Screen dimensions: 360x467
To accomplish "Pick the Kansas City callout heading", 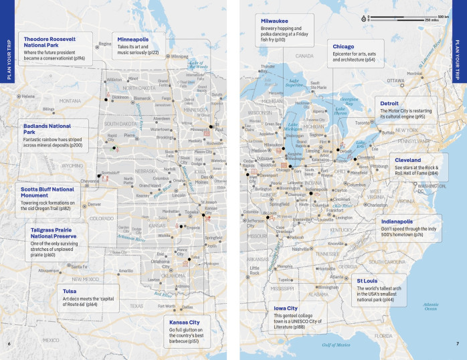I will pyautogui.click(x=185, y=322).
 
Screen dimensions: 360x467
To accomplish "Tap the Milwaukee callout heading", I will pyautogui.click(x=275, y=21).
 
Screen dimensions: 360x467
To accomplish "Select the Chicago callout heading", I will pyautogui.click(x=343, y=47).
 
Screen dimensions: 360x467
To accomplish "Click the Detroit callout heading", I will pyautogui.click(x=389, y=104).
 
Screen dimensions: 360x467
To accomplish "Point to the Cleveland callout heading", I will pyautogui.click(x=407, y=161).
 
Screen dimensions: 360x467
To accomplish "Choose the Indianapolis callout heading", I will pyautogui.click(x=397, y=221).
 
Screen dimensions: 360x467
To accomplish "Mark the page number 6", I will pyautogui.click(x=9, y=344).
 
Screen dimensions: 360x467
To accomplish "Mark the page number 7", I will pyautogui.click(x=457, y=344).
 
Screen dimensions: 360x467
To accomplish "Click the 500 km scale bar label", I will pyautogui.click(x=442, y=15).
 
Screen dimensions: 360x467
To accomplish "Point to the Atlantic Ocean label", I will pyautogui.click(x=431, y=306).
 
